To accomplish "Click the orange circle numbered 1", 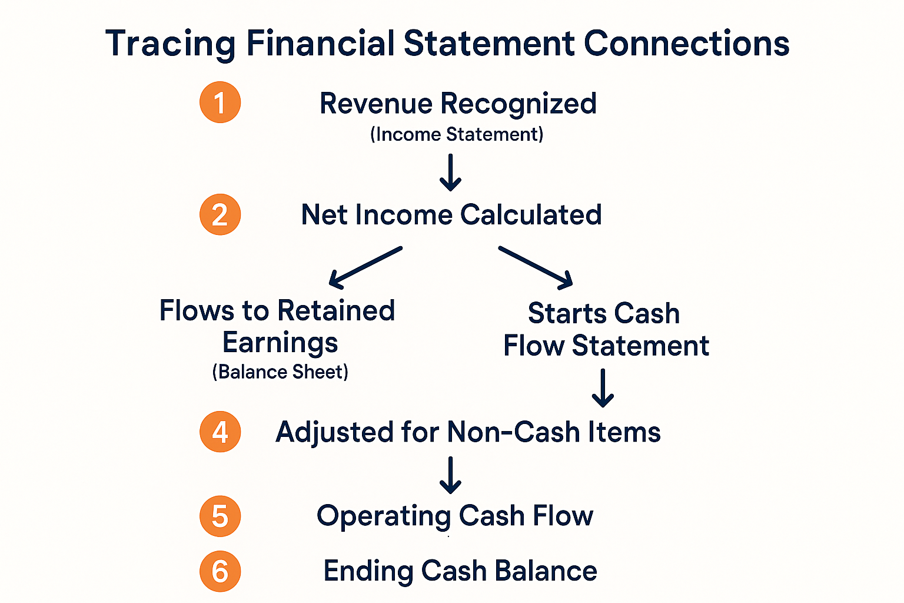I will click(220, 102).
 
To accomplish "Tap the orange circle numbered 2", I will click(220, 215).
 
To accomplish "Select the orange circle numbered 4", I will click(220, 432).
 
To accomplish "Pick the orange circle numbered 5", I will click(220, 516).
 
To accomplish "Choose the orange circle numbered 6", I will click(220, 571).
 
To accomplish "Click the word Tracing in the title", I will click(170, 45).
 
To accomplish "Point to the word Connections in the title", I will click(686, 44).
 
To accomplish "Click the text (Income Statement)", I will click(457, 134).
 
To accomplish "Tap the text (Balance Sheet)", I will click(280, 372).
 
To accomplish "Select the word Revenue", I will click(376, 104).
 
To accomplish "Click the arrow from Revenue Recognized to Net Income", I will click(450, 173).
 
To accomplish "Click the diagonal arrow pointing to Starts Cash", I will click(536, 267).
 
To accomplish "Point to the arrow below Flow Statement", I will click(603, 388).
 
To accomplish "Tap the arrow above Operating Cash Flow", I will click(450, 475).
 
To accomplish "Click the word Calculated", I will click(531, 215).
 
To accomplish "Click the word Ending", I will click(368, 571).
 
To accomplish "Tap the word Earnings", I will click(280, 343).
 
